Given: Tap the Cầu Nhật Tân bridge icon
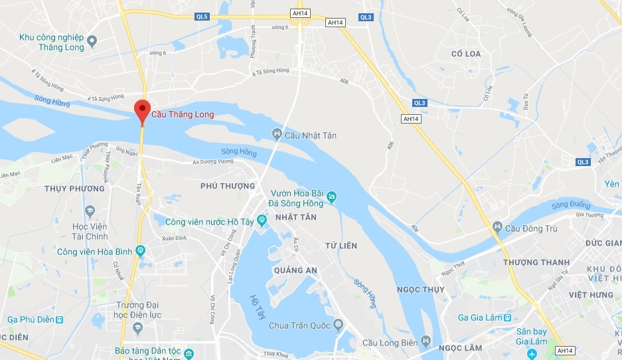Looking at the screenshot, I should (x=277, y=135).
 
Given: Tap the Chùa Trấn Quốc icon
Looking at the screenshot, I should (x=339, y=325).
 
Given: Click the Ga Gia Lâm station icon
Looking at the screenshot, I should (x=508, y=317).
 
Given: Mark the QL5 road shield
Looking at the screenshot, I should (x=202, y=17).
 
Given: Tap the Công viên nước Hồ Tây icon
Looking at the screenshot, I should (x=262, y=219).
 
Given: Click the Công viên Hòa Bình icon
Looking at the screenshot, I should (x=140, y=251).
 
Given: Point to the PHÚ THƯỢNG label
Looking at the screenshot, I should (x=228, y=186).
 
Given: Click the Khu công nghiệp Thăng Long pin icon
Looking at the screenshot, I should (x=92, y=42).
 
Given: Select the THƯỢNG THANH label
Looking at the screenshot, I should (x=536, y=262).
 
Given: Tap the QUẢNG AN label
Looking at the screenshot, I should (x=295, y=270).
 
